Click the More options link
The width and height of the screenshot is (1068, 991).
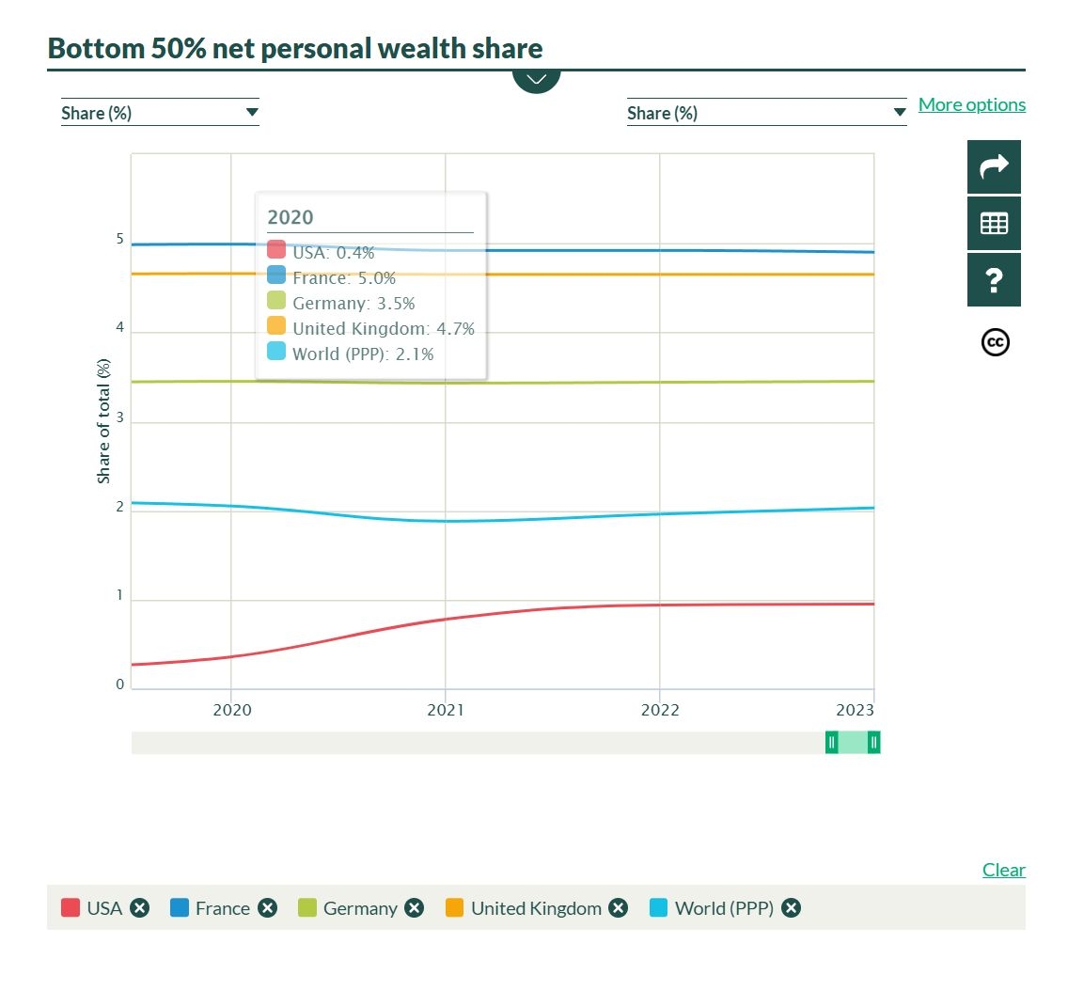click(971, 104)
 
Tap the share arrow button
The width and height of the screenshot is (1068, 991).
click(994, 166)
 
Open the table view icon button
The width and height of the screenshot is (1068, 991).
click(994, 223)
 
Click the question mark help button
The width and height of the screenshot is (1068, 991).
click(994, 279)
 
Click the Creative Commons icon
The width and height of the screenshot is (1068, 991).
click(995, 342)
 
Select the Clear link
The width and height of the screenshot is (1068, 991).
click(1003, 870)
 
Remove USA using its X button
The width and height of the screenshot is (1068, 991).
click(140, 908)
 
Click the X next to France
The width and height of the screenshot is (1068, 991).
click(268, 908)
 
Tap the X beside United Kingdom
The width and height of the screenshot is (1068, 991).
click(618, 908)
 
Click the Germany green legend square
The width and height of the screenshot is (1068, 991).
click(307, 908)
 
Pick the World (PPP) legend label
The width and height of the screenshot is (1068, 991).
click(724, 908)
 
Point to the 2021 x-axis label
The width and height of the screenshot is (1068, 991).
click(446, 710)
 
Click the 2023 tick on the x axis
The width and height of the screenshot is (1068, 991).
click(856, 710)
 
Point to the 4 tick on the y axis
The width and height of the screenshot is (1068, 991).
click(120, 328)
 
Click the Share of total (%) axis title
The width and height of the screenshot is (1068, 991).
click(104, 421)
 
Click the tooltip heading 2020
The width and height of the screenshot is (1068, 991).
click(291, 217)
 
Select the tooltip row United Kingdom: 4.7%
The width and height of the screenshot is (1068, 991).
click(383, 328)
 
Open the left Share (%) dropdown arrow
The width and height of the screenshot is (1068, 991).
click(251, 113)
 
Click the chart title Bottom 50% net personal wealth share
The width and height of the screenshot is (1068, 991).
click(295, 48)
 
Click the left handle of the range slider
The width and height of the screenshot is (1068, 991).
click(832, 743)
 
